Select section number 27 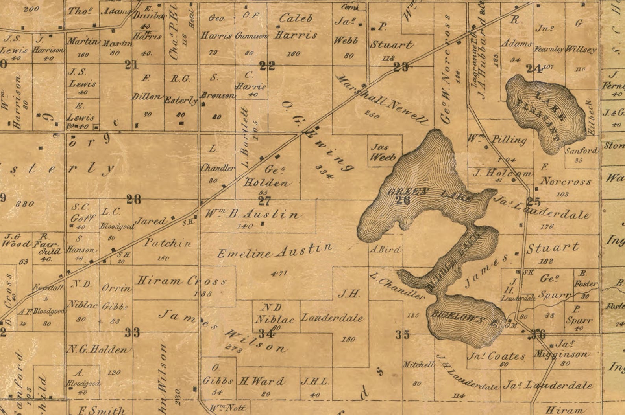tap(264, 201)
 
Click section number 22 tap(267, 66)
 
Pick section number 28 tap(133, 200)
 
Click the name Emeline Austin tap(275, 251)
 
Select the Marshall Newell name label tap(381, 99)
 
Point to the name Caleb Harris tap(296, 26)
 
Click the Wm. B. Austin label tap(253, 215)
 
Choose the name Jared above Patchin tap(150, 221)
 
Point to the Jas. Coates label tap(496, 356)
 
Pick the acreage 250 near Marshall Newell tap(372, 114)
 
